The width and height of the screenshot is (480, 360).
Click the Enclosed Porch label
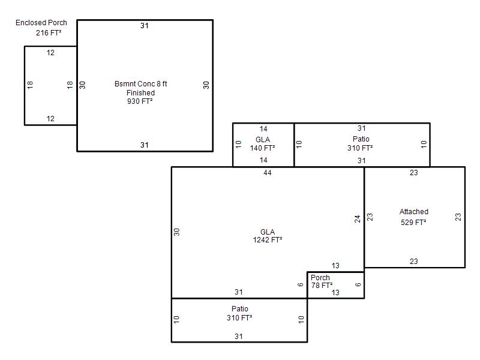tap(41, 23)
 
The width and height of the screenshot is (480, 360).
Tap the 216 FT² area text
tap(49, 33)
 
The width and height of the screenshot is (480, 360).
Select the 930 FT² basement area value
tap(140, 101)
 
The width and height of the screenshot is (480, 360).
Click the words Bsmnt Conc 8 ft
tap(141, 84)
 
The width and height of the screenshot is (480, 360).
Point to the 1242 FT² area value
tap(268, 240)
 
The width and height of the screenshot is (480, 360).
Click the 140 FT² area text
tap(262, 148)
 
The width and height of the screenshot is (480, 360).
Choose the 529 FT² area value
tap(413, 223)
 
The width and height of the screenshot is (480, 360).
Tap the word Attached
tap(414, 212)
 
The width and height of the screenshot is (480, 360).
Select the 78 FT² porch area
tap(322, 286)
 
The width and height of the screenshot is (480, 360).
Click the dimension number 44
tap(268, 173)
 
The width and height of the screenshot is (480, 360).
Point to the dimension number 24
tap(358, 219)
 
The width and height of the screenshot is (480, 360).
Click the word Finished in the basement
tap(141, 93)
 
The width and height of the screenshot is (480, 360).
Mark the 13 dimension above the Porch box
tap(335, 266)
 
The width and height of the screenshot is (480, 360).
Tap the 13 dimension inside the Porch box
tap(335, 293)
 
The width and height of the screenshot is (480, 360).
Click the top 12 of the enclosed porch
tap(50, 53)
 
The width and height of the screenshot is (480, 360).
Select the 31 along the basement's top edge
tap(145, 26)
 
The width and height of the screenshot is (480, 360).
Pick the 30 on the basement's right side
tap(206, 85)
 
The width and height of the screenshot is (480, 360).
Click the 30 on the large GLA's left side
tap(176, 232)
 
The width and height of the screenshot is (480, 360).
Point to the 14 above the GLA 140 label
tap(263, 129)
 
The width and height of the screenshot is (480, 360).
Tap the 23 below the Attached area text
tap(414, 262)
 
